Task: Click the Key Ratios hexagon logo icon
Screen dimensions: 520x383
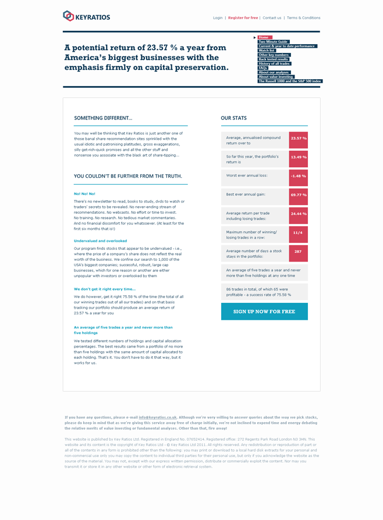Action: coord(68,16)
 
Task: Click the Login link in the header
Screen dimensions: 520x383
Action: coord(218,18)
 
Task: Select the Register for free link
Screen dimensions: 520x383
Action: coord(243,18)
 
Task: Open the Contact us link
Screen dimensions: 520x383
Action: coord(272,18)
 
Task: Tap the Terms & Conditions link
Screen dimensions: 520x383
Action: coord(303,18)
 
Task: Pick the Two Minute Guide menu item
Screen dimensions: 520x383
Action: coord(273,42)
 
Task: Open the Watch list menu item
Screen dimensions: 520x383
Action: coord(267,51)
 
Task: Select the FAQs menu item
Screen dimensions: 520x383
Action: coord(263,68)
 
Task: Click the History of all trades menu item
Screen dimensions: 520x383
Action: coord(274,63)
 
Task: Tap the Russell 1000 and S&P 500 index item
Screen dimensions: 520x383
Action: coord(289,81)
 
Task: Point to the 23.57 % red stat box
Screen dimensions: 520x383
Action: coord(299,139)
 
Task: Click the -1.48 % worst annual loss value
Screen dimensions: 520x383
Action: coord(299,176)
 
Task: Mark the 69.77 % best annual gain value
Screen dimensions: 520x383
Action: coord(299,194)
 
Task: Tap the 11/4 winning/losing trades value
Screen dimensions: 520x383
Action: coord(298,232)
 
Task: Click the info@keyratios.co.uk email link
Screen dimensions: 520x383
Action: coord(158,418)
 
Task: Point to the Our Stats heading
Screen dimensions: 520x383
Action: coord(233,118)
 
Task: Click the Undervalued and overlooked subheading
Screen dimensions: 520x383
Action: coord(100,240)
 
